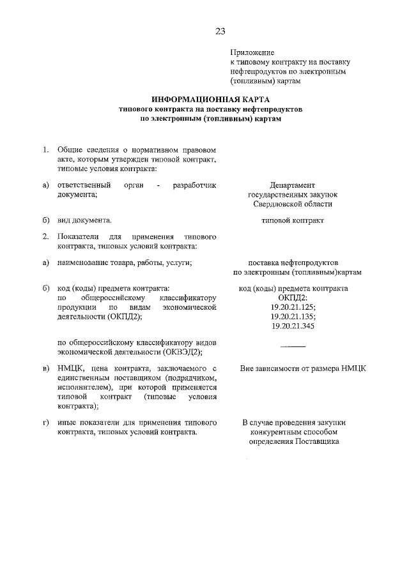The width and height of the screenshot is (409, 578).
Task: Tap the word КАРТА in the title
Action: [x=254, y=100]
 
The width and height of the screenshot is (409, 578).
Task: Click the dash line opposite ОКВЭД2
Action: [x=293, y=346]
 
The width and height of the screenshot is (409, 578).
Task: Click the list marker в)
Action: [x=46, y=369]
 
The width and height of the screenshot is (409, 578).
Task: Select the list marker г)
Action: [x=46, y=423]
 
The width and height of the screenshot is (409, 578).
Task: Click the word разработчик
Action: [x=195, y=185]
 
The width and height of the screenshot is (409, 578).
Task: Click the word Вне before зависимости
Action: [x=248, y=369]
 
